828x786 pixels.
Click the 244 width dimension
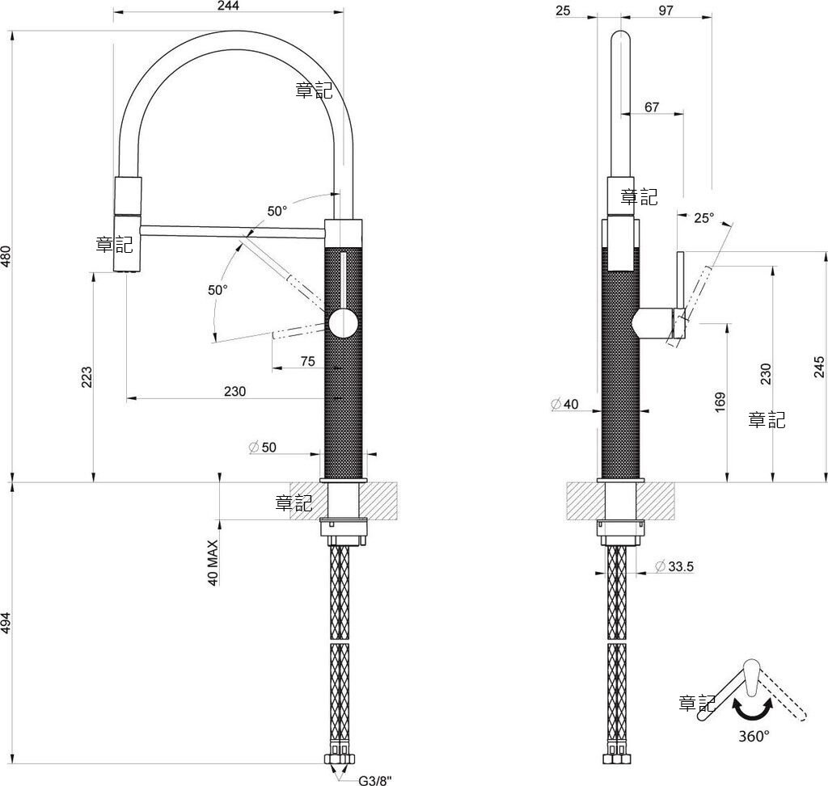click(x=228, y=6)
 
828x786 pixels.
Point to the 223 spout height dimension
click(x=87, y=376)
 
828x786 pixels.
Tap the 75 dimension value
click(x=308, y=362)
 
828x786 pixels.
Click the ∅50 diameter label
click(x=262, y=447)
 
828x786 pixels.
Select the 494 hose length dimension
click(x=6, y=624)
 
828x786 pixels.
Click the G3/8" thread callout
click(x=375, y=780)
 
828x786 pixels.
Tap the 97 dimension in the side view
click(x=665, y=10)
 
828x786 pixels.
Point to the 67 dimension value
click(x=653, y=107)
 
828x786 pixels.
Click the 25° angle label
click(x=704, y=217)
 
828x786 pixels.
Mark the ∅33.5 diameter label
click(x=674, y=566)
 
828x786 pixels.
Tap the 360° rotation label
click(x=754, y=736)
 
